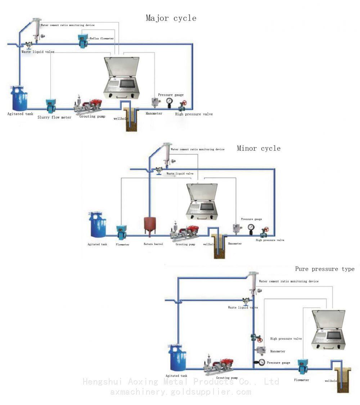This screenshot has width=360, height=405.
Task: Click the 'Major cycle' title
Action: tap(171, 18)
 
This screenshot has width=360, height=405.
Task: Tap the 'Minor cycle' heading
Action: tap(258, 148)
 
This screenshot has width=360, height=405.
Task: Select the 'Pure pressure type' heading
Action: tap(325, 269)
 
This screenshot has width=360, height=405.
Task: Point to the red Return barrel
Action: tap(149, 227)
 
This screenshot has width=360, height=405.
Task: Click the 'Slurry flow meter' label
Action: tap(54, 117)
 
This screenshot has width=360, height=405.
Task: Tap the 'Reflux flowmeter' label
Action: tap(103, 38)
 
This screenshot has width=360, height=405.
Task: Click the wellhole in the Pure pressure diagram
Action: tap(342, 377)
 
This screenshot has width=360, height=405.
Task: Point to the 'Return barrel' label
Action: tap(153, 244)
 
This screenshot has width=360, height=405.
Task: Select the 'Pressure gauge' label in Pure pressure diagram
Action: tap(278, 363)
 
